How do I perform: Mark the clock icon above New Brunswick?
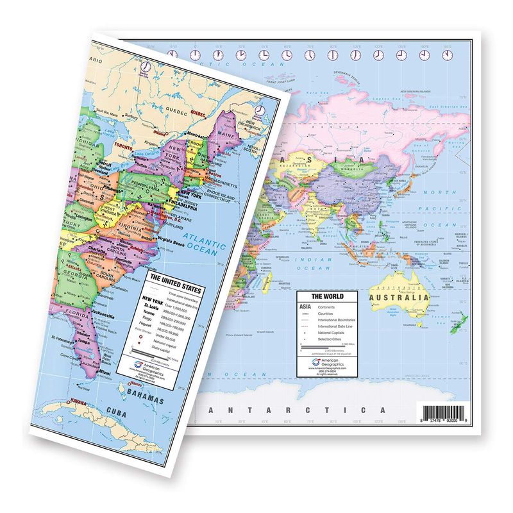[x=260, y=110]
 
